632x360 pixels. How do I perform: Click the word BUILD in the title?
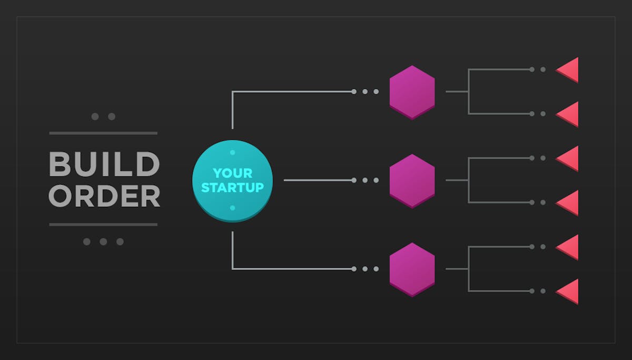pos(104,164)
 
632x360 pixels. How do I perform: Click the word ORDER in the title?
pos(104,196)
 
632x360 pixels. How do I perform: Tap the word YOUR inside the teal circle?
pos(232,173)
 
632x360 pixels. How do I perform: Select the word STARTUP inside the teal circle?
pos(232,187)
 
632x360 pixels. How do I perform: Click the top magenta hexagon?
pos(412,93)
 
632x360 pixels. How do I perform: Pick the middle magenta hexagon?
pos(412,181)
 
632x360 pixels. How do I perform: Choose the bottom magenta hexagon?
pos(412,270)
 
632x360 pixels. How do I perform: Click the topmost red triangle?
pos(567,70)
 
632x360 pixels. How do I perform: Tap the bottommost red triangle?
pos(567,292)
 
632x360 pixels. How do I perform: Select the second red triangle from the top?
pos(567,114)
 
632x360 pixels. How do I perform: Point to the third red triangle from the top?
pos(567,159)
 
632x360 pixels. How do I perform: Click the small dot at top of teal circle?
pos(232,153)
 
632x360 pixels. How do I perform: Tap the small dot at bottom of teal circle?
pos(232,208)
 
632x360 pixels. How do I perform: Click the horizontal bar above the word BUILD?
pos(103,133)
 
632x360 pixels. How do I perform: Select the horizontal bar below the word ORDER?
pos(103,225)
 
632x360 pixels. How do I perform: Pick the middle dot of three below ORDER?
pos(103,242)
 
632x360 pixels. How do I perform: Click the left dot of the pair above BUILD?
pos(95,116)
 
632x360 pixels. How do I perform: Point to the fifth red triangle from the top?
pos(567,247)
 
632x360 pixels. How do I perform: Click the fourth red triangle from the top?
pos(567,203)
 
